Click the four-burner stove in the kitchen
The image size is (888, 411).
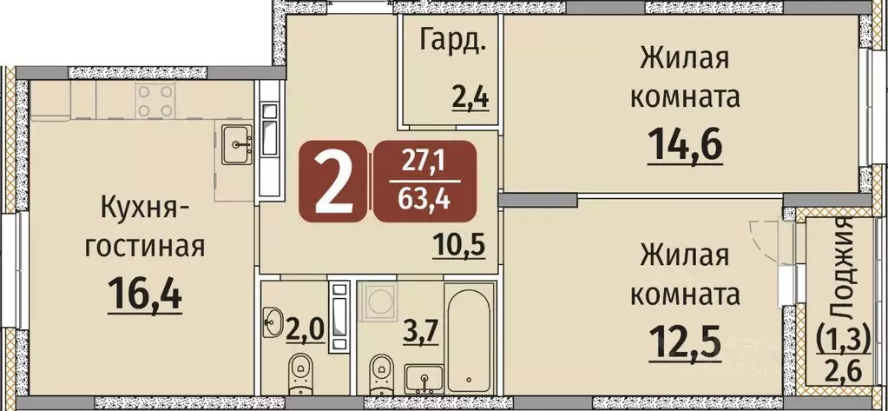click(154, 101)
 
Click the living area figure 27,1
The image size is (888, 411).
click(424, 161)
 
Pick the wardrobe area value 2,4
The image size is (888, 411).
click(470, 96)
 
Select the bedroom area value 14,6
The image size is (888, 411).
click(686, 143)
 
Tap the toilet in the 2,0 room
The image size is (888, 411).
click(300, 371)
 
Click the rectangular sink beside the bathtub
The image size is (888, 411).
click(422, 377)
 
